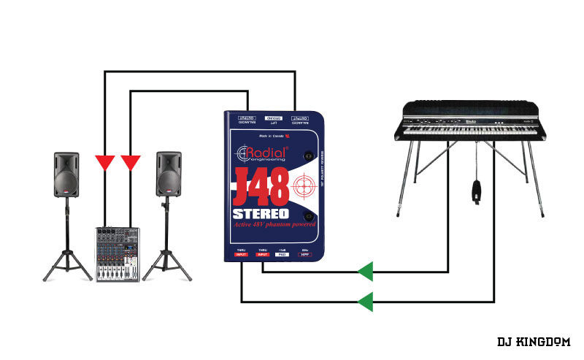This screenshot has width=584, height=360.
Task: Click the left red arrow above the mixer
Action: (x=105, y=162)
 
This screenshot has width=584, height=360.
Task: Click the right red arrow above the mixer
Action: (x=131, y=162)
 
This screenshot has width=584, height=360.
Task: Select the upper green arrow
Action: (x=365, y=272)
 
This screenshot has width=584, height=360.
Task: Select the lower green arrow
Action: (x=365, y=300)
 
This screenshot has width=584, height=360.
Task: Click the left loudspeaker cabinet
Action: (x=66, y=175)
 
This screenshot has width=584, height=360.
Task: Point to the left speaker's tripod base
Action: (x=66, y=256)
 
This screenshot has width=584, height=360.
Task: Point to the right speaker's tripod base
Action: (x=168, y=256)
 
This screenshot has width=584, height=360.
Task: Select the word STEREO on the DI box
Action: (x=261, y=215)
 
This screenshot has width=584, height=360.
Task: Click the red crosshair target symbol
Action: (x=304, y=188)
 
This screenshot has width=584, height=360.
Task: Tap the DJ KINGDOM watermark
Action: (x=534, y=341)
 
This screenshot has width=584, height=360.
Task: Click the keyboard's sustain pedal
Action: (x=476, y=192)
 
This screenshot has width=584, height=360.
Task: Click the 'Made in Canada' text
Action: (x=271, y=137)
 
